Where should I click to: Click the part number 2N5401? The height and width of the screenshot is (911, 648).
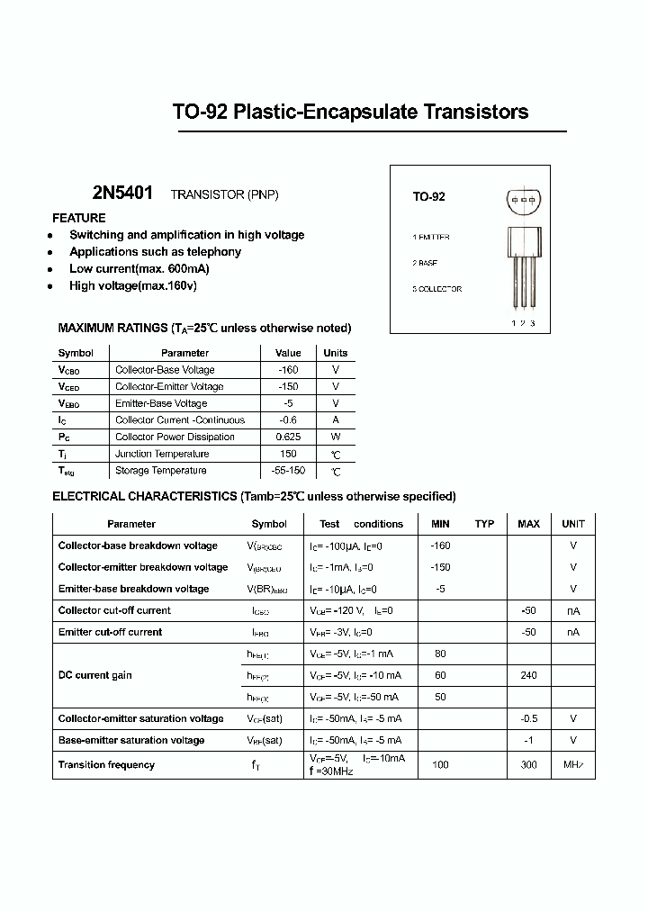click(122, 194)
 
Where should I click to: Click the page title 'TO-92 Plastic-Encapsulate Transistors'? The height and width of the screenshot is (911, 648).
click(350, 113)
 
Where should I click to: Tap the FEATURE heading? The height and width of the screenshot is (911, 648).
click(79, 218)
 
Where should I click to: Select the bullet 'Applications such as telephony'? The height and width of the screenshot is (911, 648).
click(155, 252)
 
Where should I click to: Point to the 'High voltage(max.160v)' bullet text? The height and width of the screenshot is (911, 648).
click(132, 285)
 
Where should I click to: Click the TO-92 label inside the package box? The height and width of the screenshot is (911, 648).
click(428, 196)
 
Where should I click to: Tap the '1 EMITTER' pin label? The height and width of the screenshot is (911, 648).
click(430, 237)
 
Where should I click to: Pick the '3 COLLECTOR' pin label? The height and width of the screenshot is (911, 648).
click(436, 289)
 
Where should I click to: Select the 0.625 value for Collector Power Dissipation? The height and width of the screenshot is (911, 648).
click(288, 437)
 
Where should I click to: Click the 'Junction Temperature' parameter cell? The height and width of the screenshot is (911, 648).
click(162, 454)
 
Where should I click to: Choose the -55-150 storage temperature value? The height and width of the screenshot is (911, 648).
click(288, 471)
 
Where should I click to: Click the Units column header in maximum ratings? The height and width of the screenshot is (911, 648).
click(335, 353)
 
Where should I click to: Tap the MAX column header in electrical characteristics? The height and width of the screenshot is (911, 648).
click(528, 524)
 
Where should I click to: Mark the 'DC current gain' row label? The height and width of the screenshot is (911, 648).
click(95, 675)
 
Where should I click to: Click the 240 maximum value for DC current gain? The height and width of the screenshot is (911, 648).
click(528, 675)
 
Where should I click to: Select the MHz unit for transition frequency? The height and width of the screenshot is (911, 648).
click(573, 765)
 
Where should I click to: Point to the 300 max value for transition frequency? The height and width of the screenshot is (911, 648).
click(528, 765)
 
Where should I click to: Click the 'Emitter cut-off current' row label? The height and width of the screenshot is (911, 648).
click(110, 632)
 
